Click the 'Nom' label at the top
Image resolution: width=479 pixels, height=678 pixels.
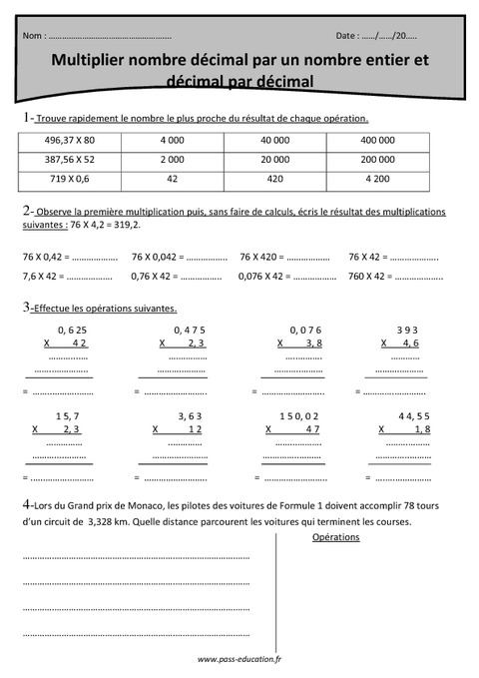(x=32, y=36)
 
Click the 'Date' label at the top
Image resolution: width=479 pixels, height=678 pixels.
(x=347, y=36)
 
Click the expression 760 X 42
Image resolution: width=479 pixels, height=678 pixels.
(x=371, y=276)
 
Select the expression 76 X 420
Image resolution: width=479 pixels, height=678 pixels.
(x=262, y=257)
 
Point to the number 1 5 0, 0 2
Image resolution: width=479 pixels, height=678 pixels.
(x=299, y=414)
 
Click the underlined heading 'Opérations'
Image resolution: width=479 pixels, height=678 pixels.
(x=336, y=537)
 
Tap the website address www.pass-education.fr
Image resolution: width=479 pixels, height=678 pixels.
(x=239, y=659)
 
